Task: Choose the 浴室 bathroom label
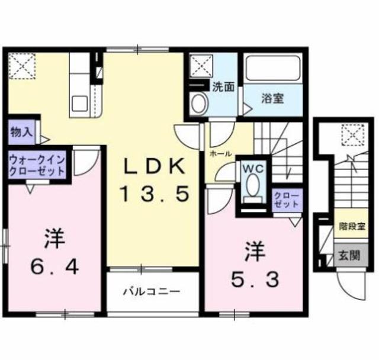coord(272,98)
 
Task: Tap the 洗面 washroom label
coord(223,86)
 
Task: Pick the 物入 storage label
coord(21,132)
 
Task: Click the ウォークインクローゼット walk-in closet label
coord(36,165)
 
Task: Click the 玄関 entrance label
coord(348,255)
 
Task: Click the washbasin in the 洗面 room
coord(198,104)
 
